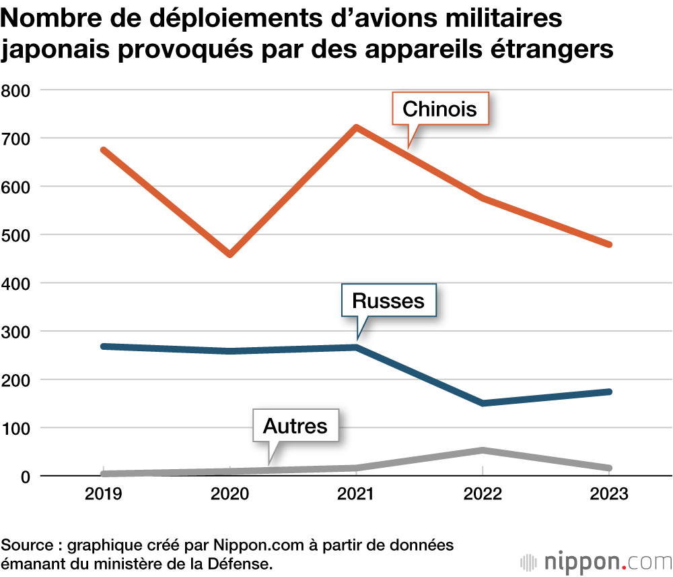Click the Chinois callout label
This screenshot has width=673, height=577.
[439, 109]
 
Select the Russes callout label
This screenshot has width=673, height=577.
[388, 301]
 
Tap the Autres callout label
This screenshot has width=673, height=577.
[295, 426]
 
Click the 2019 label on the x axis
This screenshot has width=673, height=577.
[103, 494]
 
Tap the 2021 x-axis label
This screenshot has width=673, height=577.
[356, 494]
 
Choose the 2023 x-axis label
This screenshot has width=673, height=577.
[609, 494]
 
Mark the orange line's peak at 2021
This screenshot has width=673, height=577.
[356, 127]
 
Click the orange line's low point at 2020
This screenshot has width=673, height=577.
[230, 254]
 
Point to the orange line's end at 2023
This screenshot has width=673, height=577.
[608, 244]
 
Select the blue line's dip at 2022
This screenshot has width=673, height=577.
[483, 403]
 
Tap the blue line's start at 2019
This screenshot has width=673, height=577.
[104, 346]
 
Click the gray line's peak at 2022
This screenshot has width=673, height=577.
[483, 450]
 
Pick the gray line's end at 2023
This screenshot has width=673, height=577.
[608, 468]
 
